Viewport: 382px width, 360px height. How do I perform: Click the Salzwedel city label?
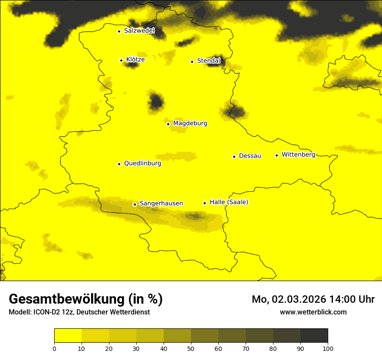tap(139, 31)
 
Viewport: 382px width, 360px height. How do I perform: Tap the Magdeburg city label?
tap(190, 124)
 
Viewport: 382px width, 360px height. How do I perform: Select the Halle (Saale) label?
tap(229, 203)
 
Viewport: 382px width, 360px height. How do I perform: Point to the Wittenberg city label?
tap(298, 155)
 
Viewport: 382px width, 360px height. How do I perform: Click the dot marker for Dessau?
tap(234, 157)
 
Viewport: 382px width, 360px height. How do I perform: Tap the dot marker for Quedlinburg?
tap(119, 164)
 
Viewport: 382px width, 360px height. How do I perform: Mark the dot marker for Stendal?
tap(192, 62)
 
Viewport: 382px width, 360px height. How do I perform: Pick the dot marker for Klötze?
tap(121, 60)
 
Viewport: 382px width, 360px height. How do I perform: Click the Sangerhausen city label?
tap(161, 203)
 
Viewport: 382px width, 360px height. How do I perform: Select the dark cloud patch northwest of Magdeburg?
tap(156, 102)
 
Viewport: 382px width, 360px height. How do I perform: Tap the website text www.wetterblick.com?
tap(313, 312)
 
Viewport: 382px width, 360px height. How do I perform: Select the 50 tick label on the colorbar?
tap(191, 348)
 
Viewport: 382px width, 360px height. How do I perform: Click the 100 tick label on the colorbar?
tap(328, 348)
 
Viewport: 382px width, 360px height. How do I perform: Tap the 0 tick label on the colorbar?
tap(54, 348)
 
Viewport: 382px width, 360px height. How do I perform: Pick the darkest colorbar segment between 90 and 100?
tap(314, 336)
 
